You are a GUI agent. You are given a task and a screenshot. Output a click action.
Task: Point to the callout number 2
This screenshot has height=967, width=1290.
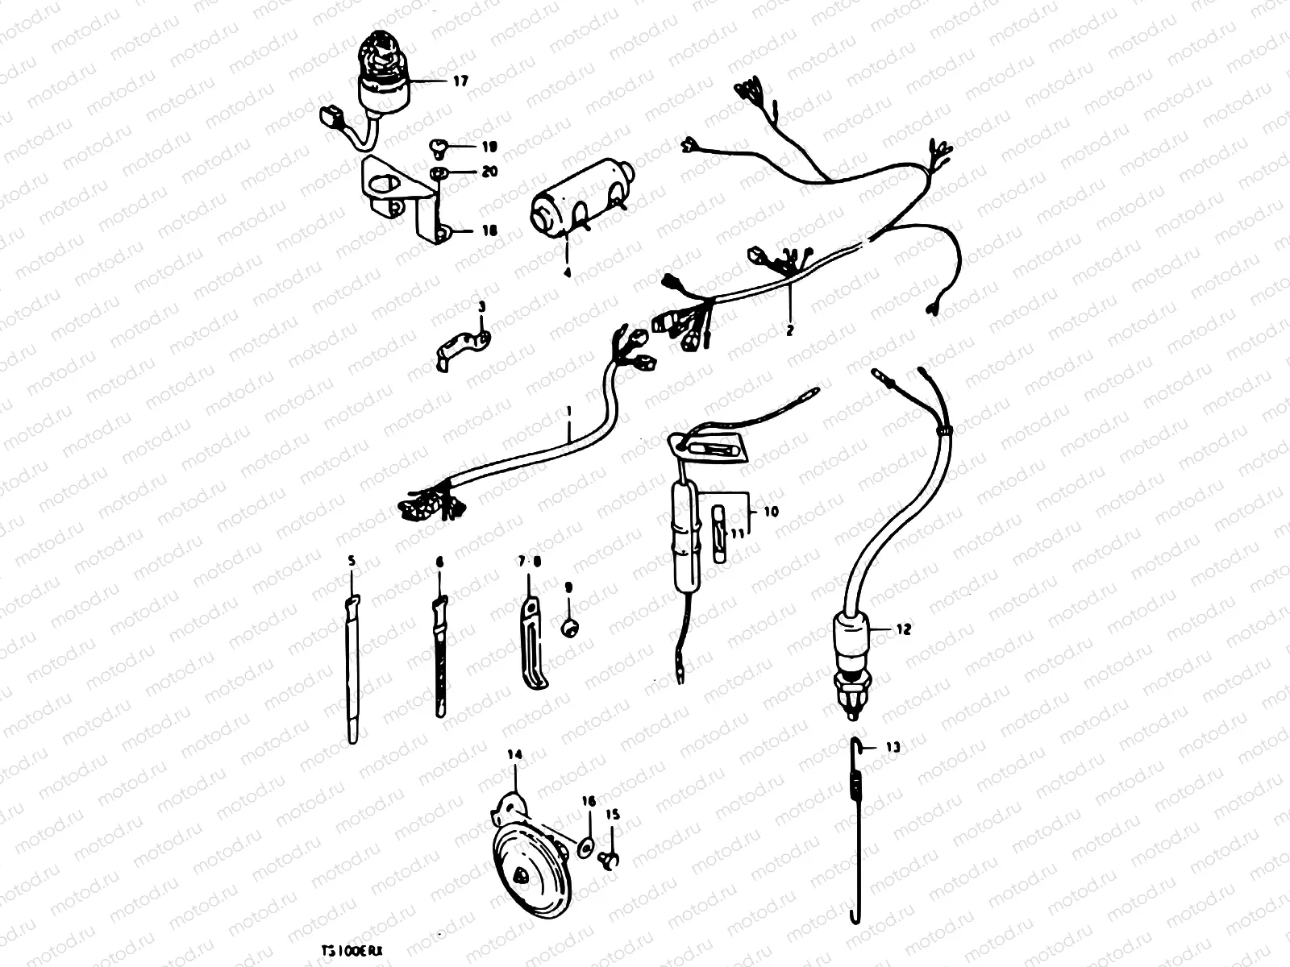pyautogui.click(x=790, y=330)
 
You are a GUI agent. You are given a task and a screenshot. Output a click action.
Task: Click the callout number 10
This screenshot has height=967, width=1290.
pyautogui.click(x=772, y=511)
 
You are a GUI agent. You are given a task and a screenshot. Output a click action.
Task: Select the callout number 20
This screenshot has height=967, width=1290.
pyautogui.click(x=489, y=172)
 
